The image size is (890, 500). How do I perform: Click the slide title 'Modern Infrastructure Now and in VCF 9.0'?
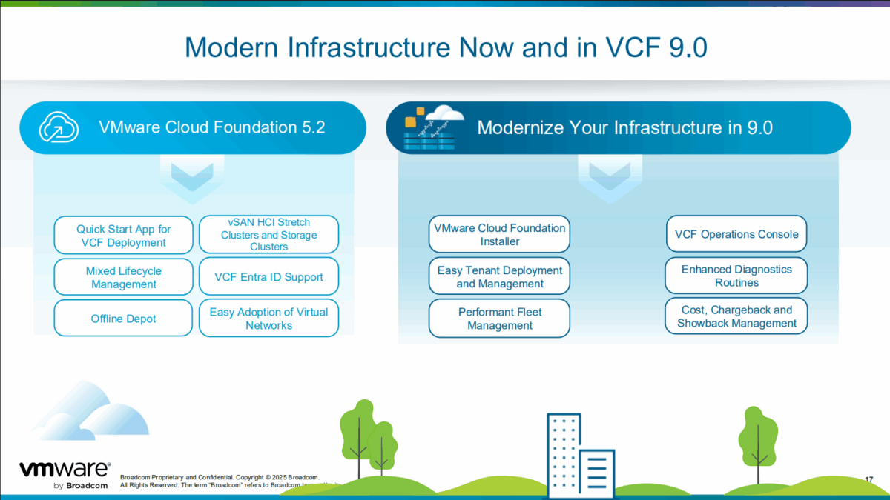(x=445, y=47)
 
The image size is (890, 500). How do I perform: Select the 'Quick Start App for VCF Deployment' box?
(x=123, y=236)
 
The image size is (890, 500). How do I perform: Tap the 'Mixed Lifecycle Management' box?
(x=123, y=277)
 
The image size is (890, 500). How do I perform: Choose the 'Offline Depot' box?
(x=123, y=319)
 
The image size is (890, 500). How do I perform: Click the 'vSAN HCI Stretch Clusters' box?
(x=268, y=235)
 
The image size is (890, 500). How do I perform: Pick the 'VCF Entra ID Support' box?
(x=268, y=277)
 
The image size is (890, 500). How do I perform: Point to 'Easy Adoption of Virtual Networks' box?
(x=268, y=319)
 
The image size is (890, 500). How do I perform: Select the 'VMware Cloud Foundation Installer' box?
(x=499, y=235)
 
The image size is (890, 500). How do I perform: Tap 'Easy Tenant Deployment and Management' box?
(x=499, y=277)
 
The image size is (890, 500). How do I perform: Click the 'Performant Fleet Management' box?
(x=499, y=319)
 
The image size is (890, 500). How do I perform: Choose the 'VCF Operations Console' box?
(x=736, y=234)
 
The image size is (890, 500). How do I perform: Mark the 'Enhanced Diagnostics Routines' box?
(x=736, y=276)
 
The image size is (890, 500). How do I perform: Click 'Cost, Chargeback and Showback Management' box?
(x=736, y=316)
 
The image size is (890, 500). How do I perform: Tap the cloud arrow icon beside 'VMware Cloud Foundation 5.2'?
(x=59, y=127)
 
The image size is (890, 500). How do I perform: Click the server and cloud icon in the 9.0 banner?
(x=432, y=127)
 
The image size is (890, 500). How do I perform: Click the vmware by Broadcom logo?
(x=64, y=475)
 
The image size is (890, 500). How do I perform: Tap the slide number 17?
(x=868, y=480)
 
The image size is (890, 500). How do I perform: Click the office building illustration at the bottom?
(x=578, y=453)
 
